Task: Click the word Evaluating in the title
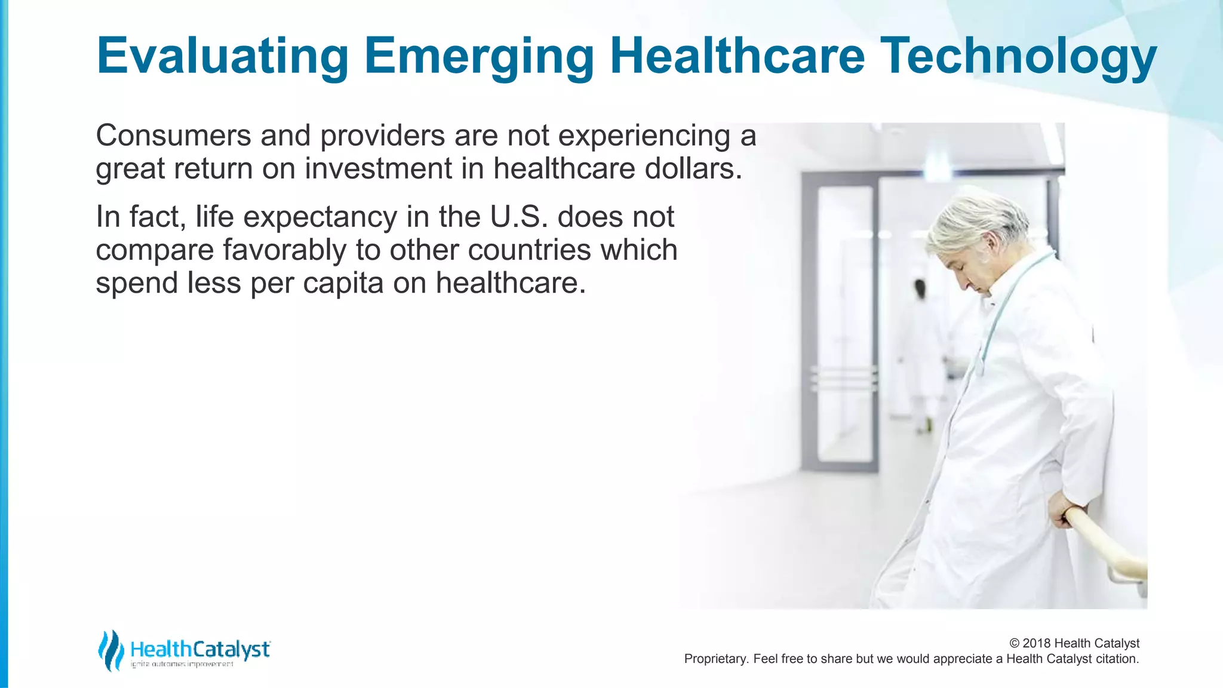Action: click(x=222, y=57)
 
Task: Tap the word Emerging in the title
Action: click(x=479, y=57)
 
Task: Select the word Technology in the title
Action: click(x=1018, y=57)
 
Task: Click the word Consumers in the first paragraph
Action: click(x=173, y=136)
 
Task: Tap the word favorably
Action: click(x=284, y=250)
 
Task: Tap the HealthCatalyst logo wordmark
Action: click(x=200, y=649)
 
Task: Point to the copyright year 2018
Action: click(x=1037, y=643)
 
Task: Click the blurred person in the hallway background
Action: click(x=923, y=346)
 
